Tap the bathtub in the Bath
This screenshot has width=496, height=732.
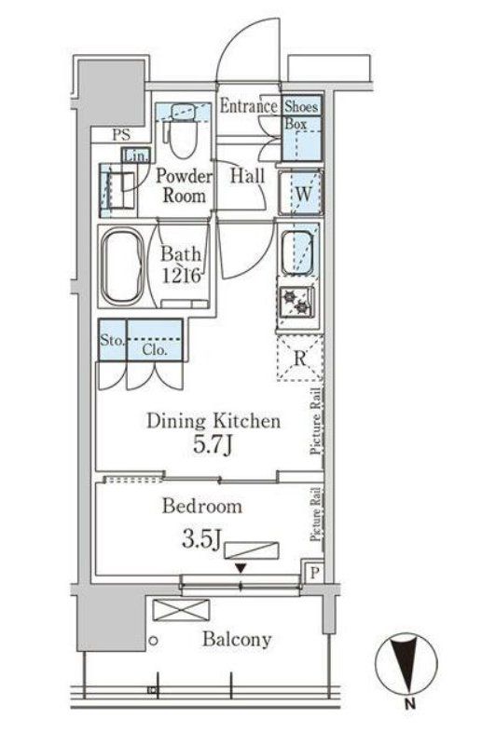(x=122, y=266)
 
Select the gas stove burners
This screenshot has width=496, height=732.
(x=296, y=302)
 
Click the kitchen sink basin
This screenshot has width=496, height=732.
(x=296, y=252)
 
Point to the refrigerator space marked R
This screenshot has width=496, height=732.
(x=299, y=358)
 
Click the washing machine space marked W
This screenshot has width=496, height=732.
(x=301, y=194)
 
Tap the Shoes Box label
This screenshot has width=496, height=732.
(x=301, y=115)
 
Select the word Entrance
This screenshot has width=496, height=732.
(x=249, y=106)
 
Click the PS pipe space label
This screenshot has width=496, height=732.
(x=121, y=135)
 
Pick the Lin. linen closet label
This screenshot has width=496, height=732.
(x=136, y=156)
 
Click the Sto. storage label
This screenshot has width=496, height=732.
(x=112, y=340)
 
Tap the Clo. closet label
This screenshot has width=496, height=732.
(x=155, y=349)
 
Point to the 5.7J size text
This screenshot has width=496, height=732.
(x=214, y=445)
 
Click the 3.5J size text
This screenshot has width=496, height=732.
(x=201, y=539)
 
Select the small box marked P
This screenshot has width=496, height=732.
(x=314, y=572)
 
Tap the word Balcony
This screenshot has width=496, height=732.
(x=237, y=639)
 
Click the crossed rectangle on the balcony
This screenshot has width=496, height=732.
(x=181, y=610)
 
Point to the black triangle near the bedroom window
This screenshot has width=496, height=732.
(x=241, y=569)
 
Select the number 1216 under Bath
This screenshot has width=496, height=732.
(x=182, y=275)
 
